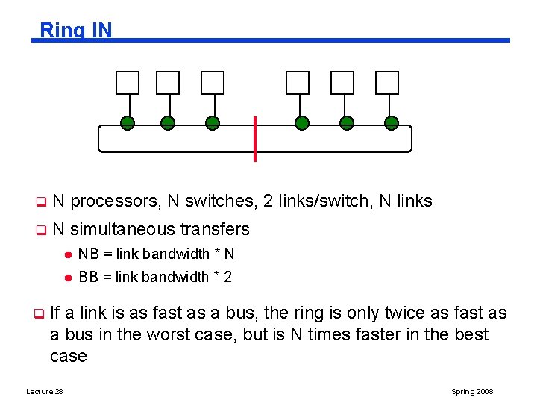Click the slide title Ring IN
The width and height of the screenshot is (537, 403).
click(75, 30)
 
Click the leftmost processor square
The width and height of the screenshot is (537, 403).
click(128, 83)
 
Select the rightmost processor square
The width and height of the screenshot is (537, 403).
click(387, 83)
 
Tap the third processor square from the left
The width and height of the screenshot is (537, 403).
click(213, 83)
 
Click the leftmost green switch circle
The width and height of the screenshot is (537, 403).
click(128, 123)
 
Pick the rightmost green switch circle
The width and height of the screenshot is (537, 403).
click(391, 123)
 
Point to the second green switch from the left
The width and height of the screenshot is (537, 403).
click(168, 123)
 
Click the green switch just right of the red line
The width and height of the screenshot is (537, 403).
click(301, 123)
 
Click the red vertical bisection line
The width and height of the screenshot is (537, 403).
click(255, 139)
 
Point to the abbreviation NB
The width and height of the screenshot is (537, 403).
click(88, 254)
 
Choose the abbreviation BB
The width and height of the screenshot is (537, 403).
click(88, 277)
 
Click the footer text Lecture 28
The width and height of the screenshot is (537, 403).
click(44, 392)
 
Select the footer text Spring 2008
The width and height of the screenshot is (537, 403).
click(472, 392)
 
